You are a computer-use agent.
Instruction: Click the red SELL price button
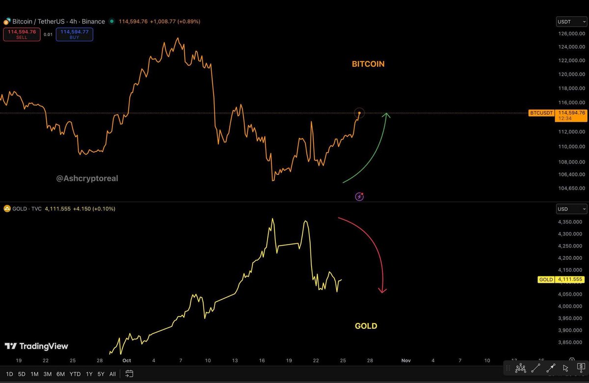21,34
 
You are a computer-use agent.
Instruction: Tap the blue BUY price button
74,34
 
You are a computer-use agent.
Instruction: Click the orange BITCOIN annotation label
368,64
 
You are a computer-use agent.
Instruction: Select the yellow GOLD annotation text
366,326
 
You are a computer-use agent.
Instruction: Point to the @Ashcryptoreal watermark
87,178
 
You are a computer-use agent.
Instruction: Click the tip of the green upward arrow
387,114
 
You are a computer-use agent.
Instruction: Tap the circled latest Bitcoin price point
359,113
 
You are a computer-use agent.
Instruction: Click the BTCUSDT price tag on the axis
541,113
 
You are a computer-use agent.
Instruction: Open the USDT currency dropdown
571,22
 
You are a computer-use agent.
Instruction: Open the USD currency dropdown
571,209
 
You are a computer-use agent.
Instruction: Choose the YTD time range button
75,374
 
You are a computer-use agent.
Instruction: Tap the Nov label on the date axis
405,360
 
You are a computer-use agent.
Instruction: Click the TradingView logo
37,346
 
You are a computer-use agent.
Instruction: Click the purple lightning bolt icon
359,196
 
